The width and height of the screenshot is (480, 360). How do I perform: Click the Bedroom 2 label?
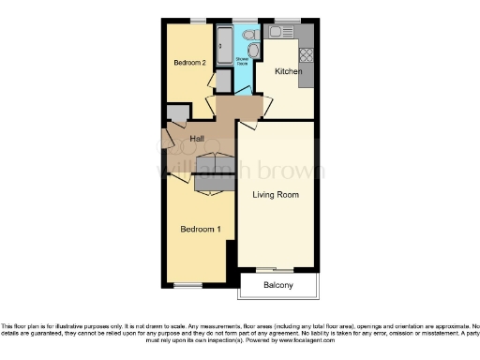point(189,63)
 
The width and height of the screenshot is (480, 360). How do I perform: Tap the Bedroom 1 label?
point(201,229)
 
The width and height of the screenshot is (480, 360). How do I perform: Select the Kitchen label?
point(287,71)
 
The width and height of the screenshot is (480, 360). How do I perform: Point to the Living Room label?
point(276,195)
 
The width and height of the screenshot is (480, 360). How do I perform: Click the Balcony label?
point(278,285)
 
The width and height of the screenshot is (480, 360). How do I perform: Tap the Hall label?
point(197,139)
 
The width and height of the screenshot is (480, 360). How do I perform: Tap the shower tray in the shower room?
point(225,45)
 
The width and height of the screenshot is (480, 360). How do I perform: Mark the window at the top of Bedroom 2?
point(199,21)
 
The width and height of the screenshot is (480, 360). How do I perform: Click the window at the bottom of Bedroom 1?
point(187,285)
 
